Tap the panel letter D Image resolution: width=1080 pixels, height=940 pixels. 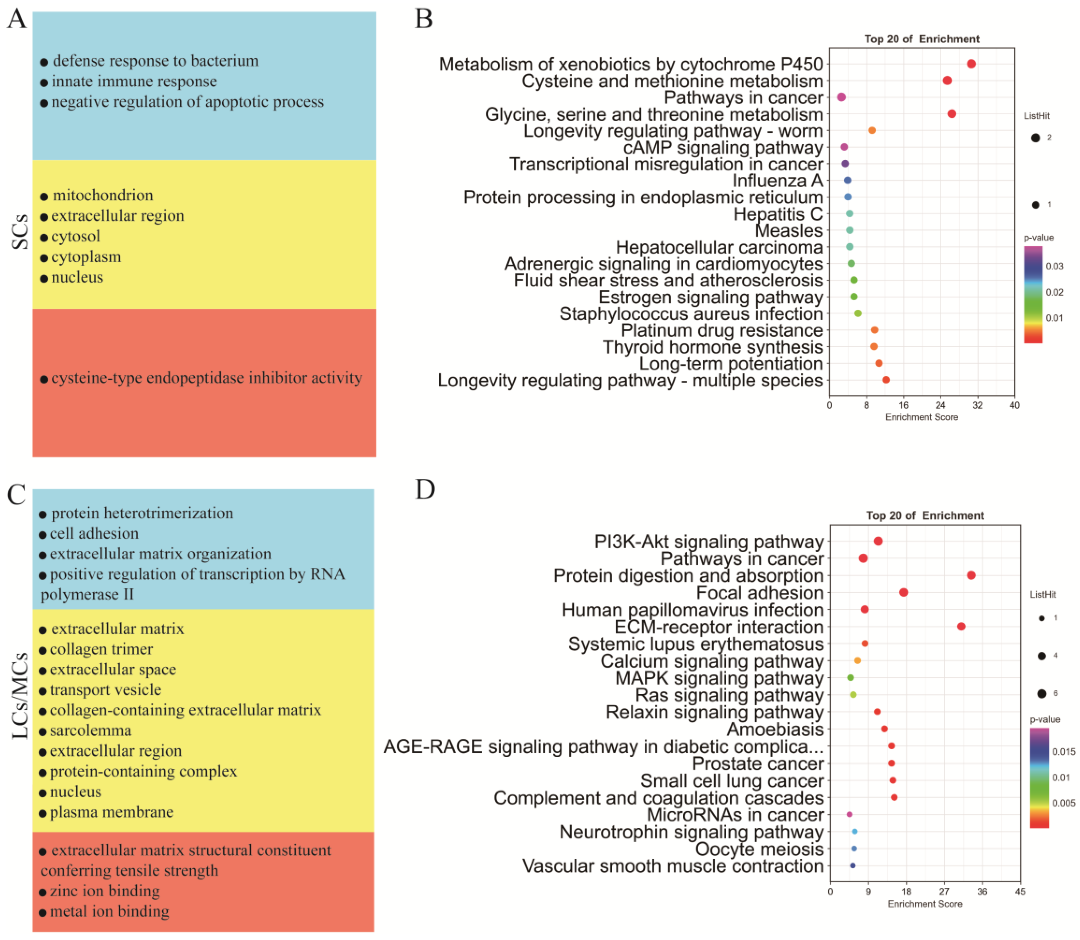pos(425,489)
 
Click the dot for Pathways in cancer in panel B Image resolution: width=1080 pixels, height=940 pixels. pos(841,97)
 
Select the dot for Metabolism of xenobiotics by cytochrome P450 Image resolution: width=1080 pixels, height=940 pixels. pos(971,64)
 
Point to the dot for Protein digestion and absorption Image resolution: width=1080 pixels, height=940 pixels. pos(971,575)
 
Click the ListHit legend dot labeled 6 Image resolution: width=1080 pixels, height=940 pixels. pos(1042,694)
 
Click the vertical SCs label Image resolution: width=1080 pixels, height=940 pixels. pos(20,231)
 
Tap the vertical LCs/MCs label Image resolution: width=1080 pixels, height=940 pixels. pos(20,695)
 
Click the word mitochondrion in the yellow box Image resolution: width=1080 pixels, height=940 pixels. pos(103,195)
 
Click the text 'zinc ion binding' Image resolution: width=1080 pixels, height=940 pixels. pos(105,891)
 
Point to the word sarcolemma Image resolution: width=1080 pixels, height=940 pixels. pos(90,730)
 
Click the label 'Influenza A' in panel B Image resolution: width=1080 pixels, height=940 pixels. pos(777,180)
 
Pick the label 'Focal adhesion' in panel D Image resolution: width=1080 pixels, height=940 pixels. pos(759,593)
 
